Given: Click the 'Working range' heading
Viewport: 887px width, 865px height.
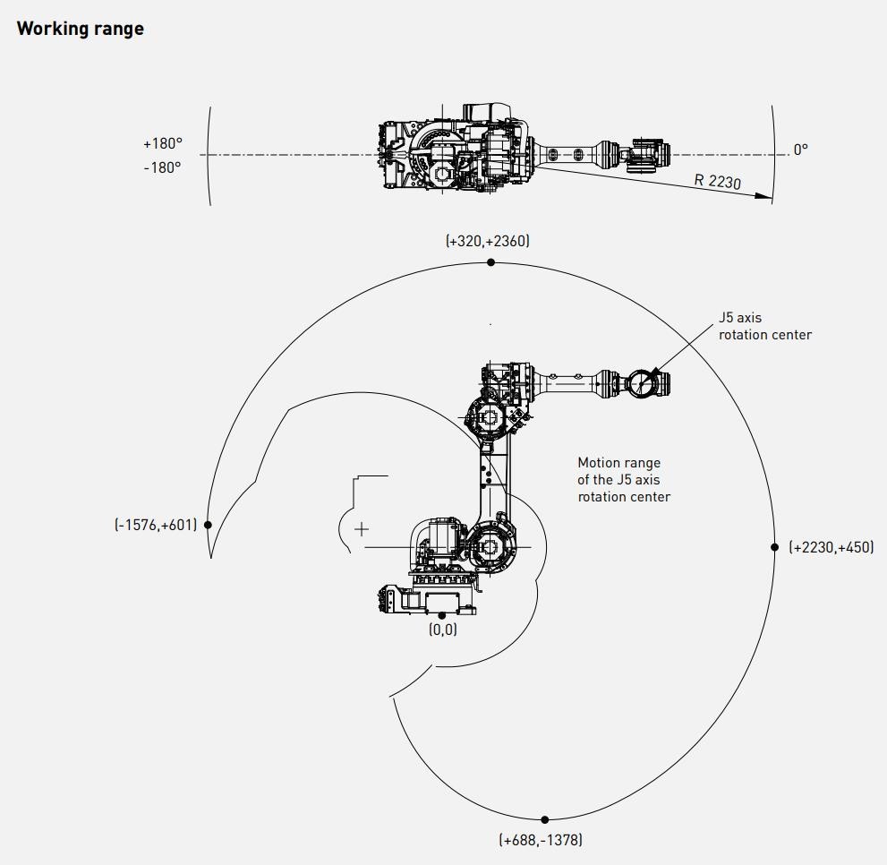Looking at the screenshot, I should point(80,29).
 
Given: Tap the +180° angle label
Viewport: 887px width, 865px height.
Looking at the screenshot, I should point(162,143).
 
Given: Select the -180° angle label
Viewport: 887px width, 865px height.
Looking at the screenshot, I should point(162,167).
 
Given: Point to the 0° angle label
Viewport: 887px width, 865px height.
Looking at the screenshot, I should point(800,150).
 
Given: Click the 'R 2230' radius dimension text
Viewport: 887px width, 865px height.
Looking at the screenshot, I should point(718,181).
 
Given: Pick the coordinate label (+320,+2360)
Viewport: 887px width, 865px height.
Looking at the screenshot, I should point(487,241).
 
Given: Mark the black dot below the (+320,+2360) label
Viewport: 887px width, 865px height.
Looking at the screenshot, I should point(490,262).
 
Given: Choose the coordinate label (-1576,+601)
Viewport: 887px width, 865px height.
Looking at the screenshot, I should point(156,525).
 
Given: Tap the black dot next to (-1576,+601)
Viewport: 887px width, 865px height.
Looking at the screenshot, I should point(208,525).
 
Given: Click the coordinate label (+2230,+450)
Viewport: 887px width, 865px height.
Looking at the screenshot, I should point(831,547).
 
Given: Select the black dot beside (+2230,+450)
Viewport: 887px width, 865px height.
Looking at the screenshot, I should point(775,546).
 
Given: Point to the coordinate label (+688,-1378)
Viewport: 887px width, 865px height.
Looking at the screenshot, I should point(541,840).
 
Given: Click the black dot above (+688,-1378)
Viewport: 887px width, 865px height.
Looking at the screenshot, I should point(545,819).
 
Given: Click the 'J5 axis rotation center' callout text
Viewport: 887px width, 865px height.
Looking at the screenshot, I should point(764,326).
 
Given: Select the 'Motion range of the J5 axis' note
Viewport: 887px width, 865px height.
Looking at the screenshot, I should point(624,480).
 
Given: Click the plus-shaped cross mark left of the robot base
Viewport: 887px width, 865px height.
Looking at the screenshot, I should point(361,529).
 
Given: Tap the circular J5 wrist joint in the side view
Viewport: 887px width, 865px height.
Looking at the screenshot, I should point(641,383).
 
